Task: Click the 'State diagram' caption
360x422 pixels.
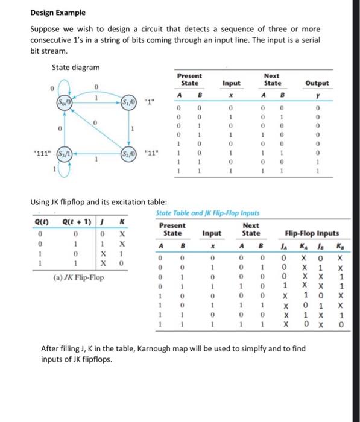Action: click(x=75, y=67)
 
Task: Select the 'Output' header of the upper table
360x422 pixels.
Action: click(x=317, y=83)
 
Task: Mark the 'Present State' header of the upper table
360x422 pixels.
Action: click(x=190, y=80)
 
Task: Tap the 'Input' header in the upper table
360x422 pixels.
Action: click(x=232, y=83)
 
